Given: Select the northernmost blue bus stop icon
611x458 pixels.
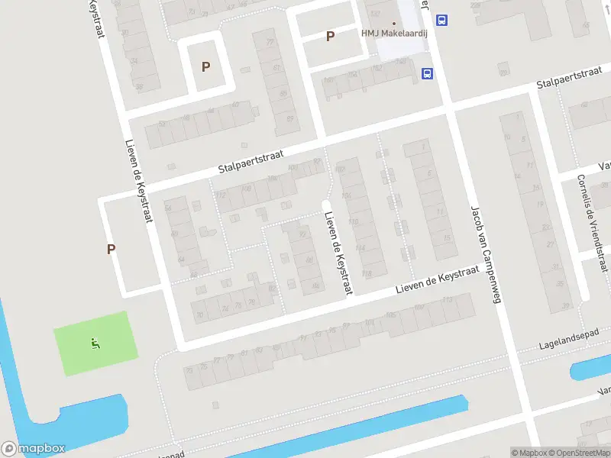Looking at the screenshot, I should point(442,21).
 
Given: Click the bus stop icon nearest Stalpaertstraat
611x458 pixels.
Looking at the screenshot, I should point(428,74).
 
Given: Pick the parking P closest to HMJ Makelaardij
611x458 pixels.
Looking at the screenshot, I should point(331,36).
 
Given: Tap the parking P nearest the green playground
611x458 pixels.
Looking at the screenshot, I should point(112,249).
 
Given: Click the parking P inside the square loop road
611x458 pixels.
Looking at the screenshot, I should point(205,66).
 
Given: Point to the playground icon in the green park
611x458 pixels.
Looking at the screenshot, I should point(95,343).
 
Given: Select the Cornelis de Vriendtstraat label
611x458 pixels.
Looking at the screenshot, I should point(593,222).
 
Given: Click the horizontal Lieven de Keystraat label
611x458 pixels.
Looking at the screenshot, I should point(436,281).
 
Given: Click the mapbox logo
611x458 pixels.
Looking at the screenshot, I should point(33,449).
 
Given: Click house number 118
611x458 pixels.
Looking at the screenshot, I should point(367,273).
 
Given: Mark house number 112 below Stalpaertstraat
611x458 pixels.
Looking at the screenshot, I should point(221,196).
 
